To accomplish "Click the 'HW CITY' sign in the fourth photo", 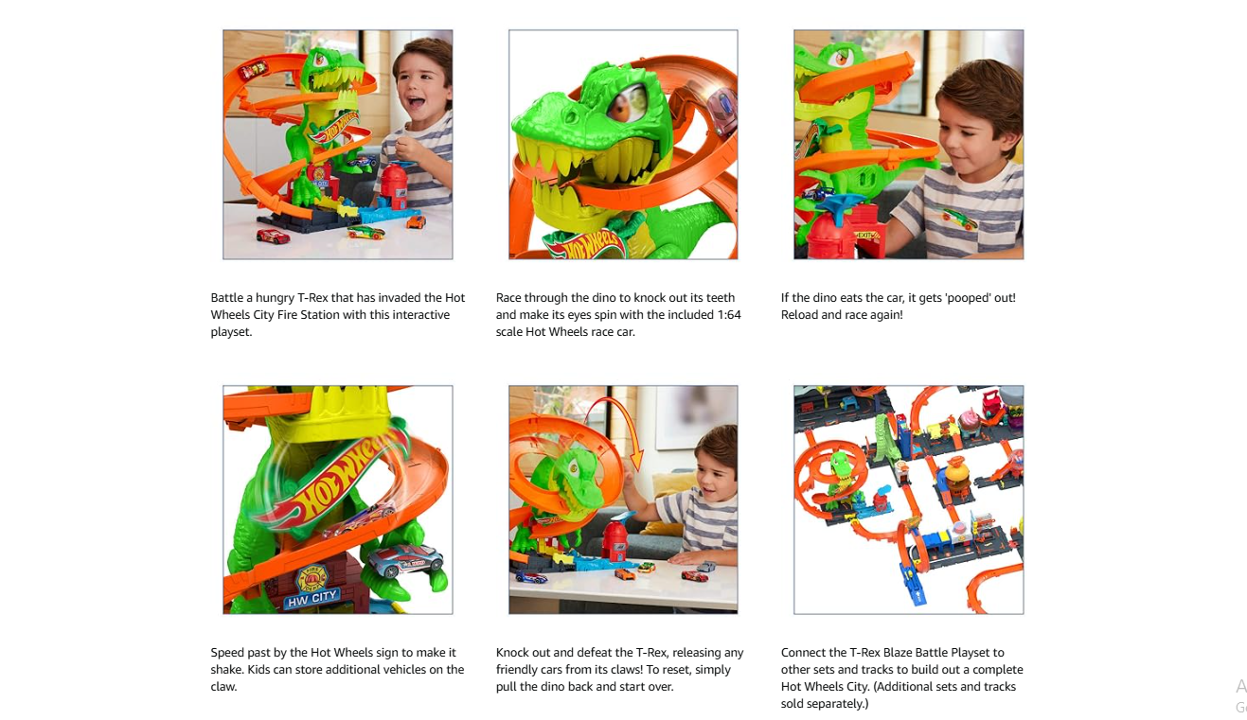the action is point(312,598).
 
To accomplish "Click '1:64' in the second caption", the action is point(729,315).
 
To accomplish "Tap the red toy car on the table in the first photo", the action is point(273,237).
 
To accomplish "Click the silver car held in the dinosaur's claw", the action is point(405,561).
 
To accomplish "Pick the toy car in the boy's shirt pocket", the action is point(958,219).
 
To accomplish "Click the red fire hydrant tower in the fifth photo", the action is point(615,541).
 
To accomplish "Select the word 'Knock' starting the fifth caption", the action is point(512,653).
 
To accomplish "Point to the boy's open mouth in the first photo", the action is point(416,102).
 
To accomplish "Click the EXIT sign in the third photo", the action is point(865,236).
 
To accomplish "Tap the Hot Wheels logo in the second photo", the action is point(583,246).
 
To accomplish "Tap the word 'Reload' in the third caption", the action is point(800,315).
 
